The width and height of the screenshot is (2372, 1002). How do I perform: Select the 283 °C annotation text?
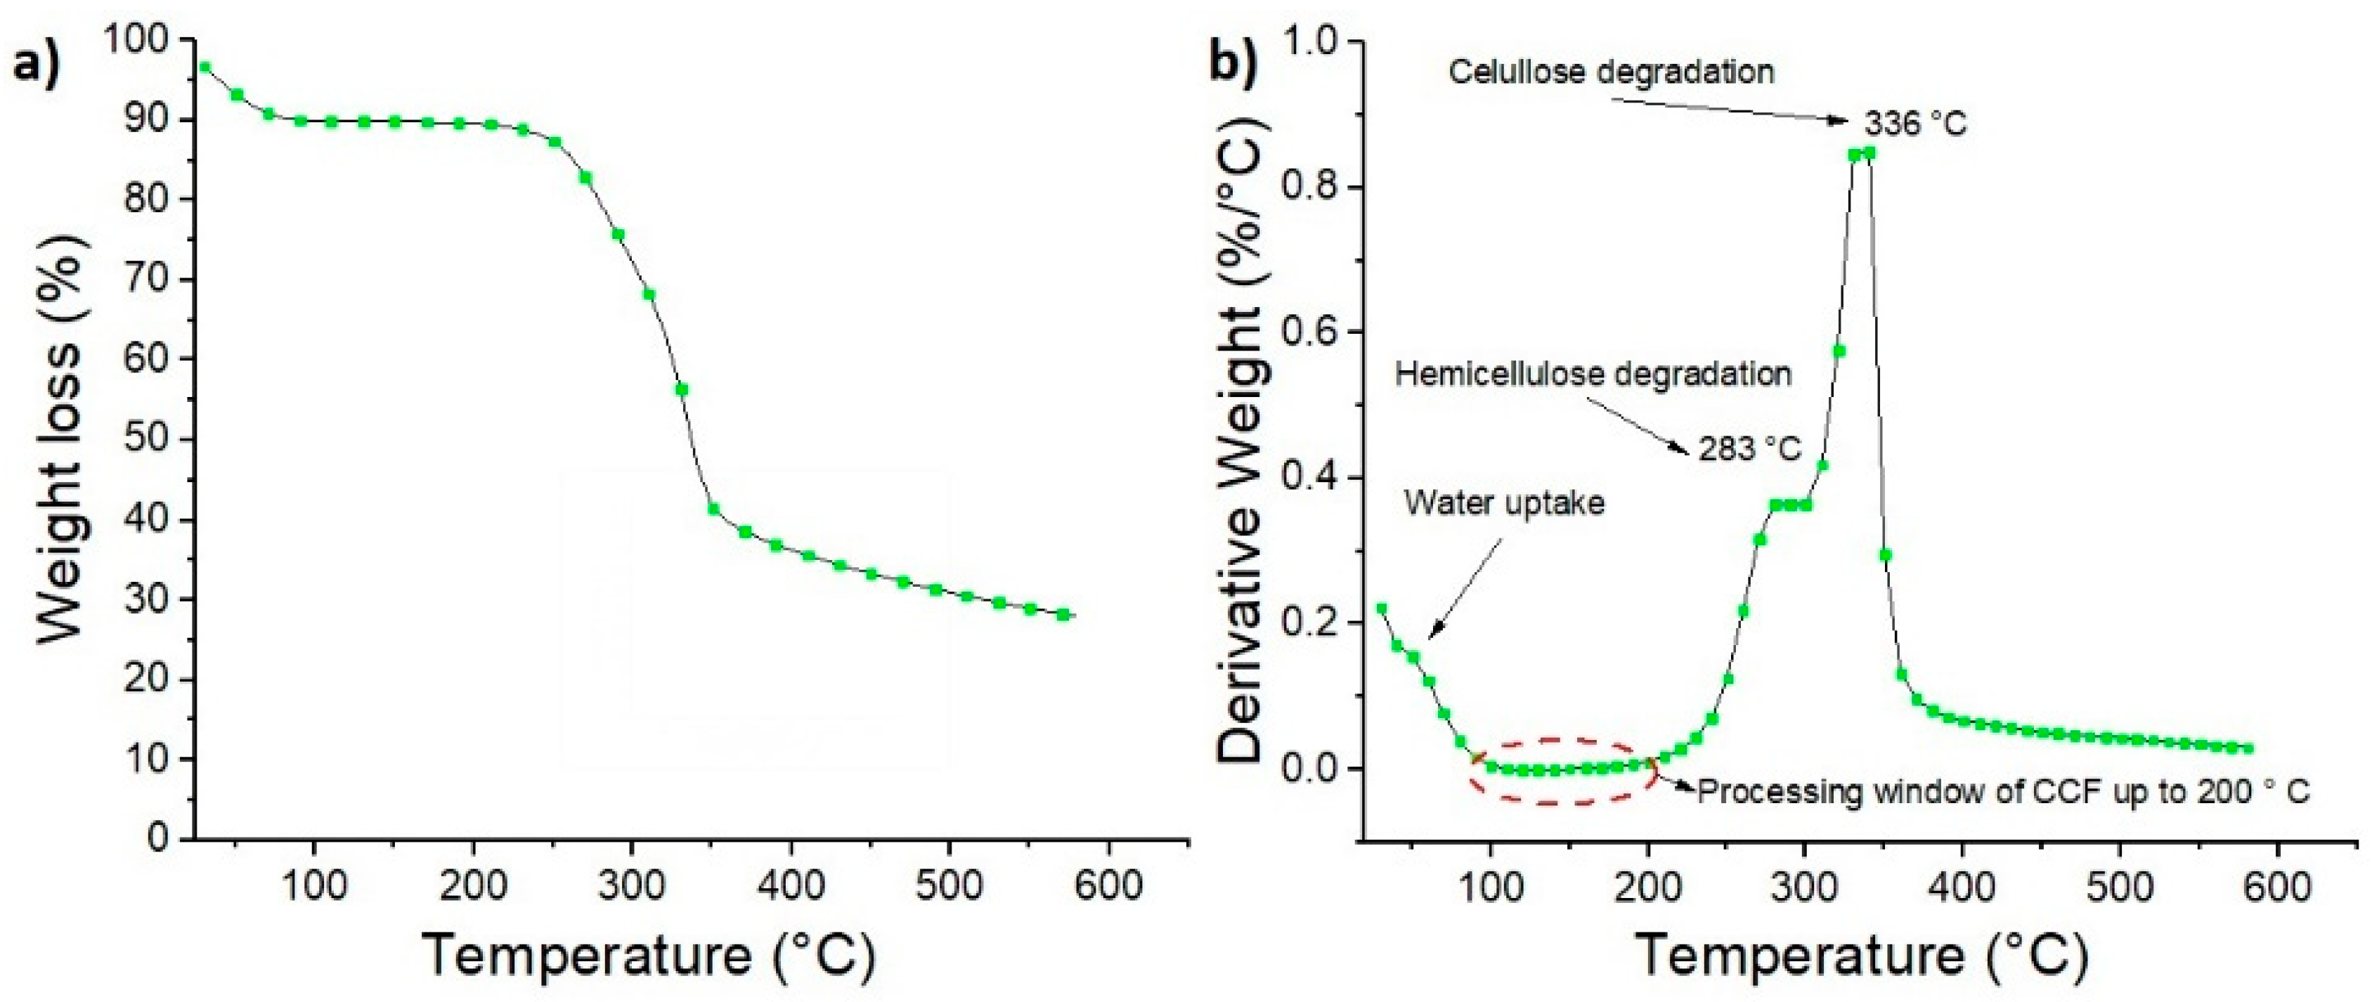pos(1749,450)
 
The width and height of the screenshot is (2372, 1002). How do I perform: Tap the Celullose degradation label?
pos(1612,72)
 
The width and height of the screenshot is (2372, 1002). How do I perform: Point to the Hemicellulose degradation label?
pos(1593,374)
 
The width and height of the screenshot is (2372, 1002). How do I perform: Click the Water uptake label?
pos(1504,503)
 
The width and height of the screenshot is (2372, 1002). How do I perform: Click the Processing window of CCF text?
pos(2003,791)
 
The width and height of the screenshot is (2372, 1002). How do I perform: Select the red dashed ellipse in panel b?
pos(1562,771)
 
